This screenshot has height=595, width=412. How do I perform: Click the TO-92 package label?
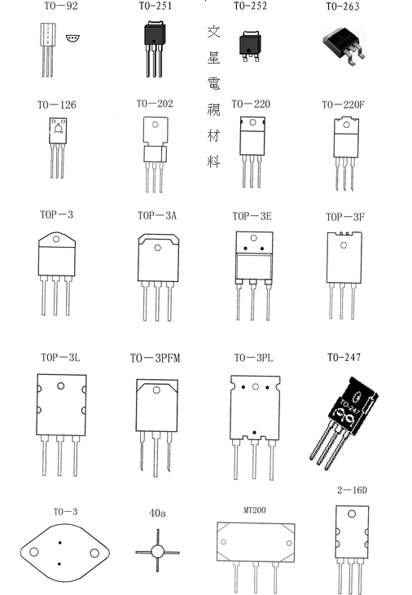click(61, 6)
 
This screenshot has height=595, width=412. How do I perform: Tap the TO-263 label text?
click(343, 7)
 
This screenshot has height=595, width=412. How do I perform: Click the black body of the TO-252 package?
click(250, 44)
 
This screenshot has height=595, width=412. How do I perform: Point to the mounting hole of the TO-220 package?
click(252, 123)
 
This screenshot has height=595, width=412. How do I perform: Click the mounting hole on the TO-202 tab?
click(155, 125)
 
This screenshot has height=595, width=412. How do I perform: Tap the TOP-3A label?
click(157, 215)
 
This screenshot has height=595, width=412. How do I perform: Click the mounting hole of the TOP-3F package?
click(344, 245)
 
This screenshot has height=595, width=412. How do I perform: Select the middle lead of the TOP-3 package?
click(55, 295)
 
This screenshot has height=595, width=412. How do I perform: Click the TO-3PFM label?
click(155, 358)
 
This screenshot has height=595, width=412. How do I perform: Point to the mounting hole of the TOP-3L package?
click(60, 386)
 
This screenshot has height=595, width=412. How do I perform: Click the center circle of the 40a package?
click(157, 552)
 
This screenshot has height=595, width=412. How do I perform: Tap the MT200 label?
click(254, 510)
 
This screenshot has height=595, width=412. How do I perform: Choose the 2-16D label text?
click(352, 491)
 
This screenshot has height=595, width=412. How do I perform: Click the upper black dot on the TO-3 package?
click(60, 543)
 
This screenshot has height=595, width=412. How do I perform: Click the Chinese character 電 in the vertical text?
click(213, 83)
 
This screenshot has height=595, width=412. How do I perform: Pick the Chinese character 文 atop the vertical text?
click(213, 32)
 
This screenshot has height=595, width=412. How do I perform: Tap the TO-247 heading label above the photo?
click(344, 357)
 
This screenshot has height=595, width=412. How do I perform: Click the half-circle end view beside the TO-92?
click(72, 38)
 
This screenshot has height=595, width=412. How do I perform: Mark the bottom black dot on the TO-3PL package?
click(254, 432)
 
